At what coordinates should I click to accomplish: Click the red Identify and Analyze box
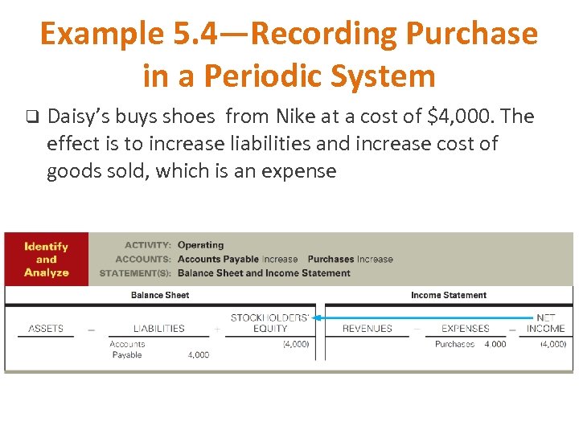click(46, 260)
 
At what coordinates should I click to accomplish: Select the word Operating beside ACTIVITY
click(200, 245)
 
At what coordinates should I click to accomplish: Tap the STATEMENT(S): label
click(135, 273)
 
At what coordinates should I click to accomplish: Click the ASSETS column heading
click(46, 328)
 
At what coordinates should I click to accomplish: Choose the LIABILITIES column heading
click(158, 328)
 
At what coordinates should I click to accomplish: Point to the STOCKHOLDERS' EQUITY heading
click(269, 323)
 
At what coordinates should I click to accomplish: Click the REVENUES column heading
click(367, 328)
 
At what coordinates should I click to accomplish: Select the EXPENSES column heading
click(465, 328)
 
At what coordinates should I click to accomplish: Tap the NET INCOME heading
click(546, 323)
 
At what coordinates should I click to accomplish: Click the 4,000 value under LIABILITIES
click(198, 354)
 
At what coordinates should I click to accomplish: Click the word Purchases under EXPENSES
click(455, 344)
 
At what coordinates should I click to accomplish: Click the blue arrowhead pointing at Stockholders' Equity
click(318, 317)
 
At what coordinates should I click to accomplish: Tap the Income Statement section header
click(448, 295)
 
